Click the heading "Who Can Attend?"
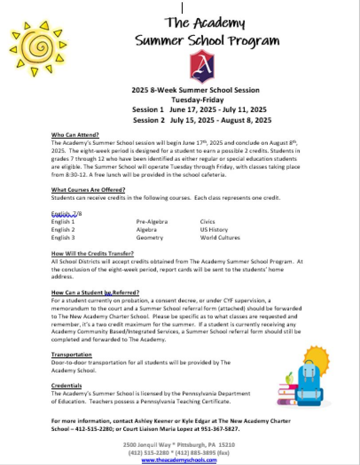click(75, 135)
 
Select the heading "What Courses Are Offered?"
click(88, 190)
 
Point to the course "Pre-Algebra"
click(152, 222)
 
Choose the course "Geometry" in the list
click(150, 237)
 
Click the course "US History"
click(214, 230)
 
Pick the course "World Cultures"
click(220, 237)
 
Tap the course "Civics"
click(208, 222)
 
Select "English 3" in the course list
click(63, 237)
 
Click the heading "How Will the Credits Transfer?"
click(92, 253)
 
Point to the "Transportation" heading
click(71, 354)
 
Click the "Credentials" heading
click(66, 386)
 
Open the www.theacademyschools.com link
click(179, 460)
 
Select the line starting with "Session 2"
click(202, 120)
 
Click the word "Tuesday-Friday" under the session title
click(197, 100)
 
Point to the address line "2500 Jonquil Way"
click(179, 445)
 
